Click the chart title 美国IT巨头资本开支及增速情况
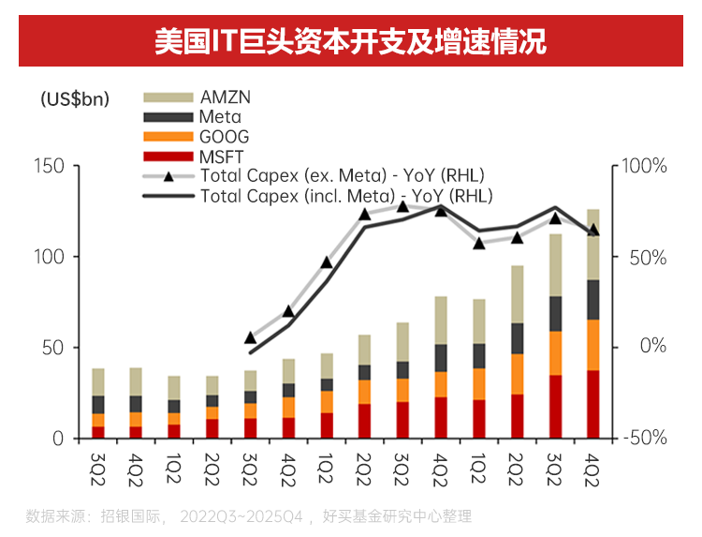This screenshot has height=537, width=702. tap(351, 42)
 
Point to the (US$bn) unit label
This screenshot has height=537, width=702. tap(76, 99)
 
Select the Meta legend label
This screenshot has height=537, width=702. tap(220, 117)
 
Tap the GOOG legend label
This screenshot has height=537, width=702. tap(224, 137)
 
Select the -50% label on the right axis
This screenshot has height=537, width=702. tap(646, 438)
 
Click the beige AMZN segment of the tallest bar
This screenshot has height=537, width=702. tap(593, 244)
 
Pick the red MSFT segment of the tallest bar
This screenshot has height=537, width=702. tap(593, 404)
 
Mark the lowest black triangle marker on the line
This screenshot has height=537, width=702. tap(250, 337)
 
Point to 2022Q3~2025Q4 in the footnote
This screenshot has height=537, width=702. tap(241, 515)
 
